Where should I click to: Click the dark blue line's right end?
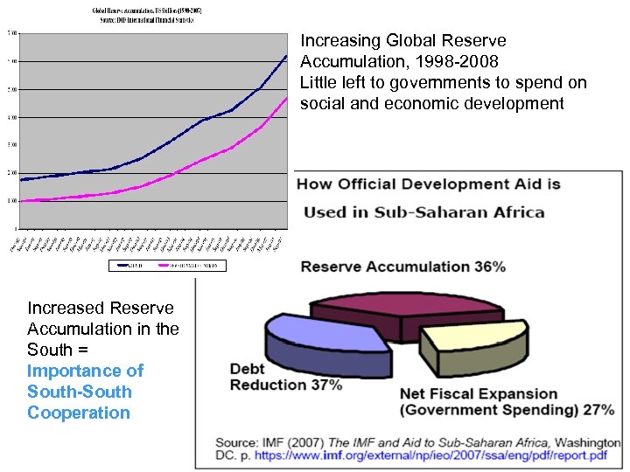click(286, 56)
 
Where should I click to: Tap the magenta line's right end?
click(286, 99)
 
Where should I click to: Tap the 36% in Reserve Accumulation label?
click(489, 266)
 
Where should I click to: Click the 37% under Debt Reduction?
click(325, 385)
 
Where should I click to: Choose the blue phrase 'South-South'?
click(79, 392)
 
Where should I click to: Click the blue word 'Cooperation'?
click(78, 413)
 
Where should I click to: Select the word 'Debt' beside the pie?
click(248, 369)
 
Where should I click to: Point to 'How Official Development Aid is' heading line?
click(429, 184)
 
